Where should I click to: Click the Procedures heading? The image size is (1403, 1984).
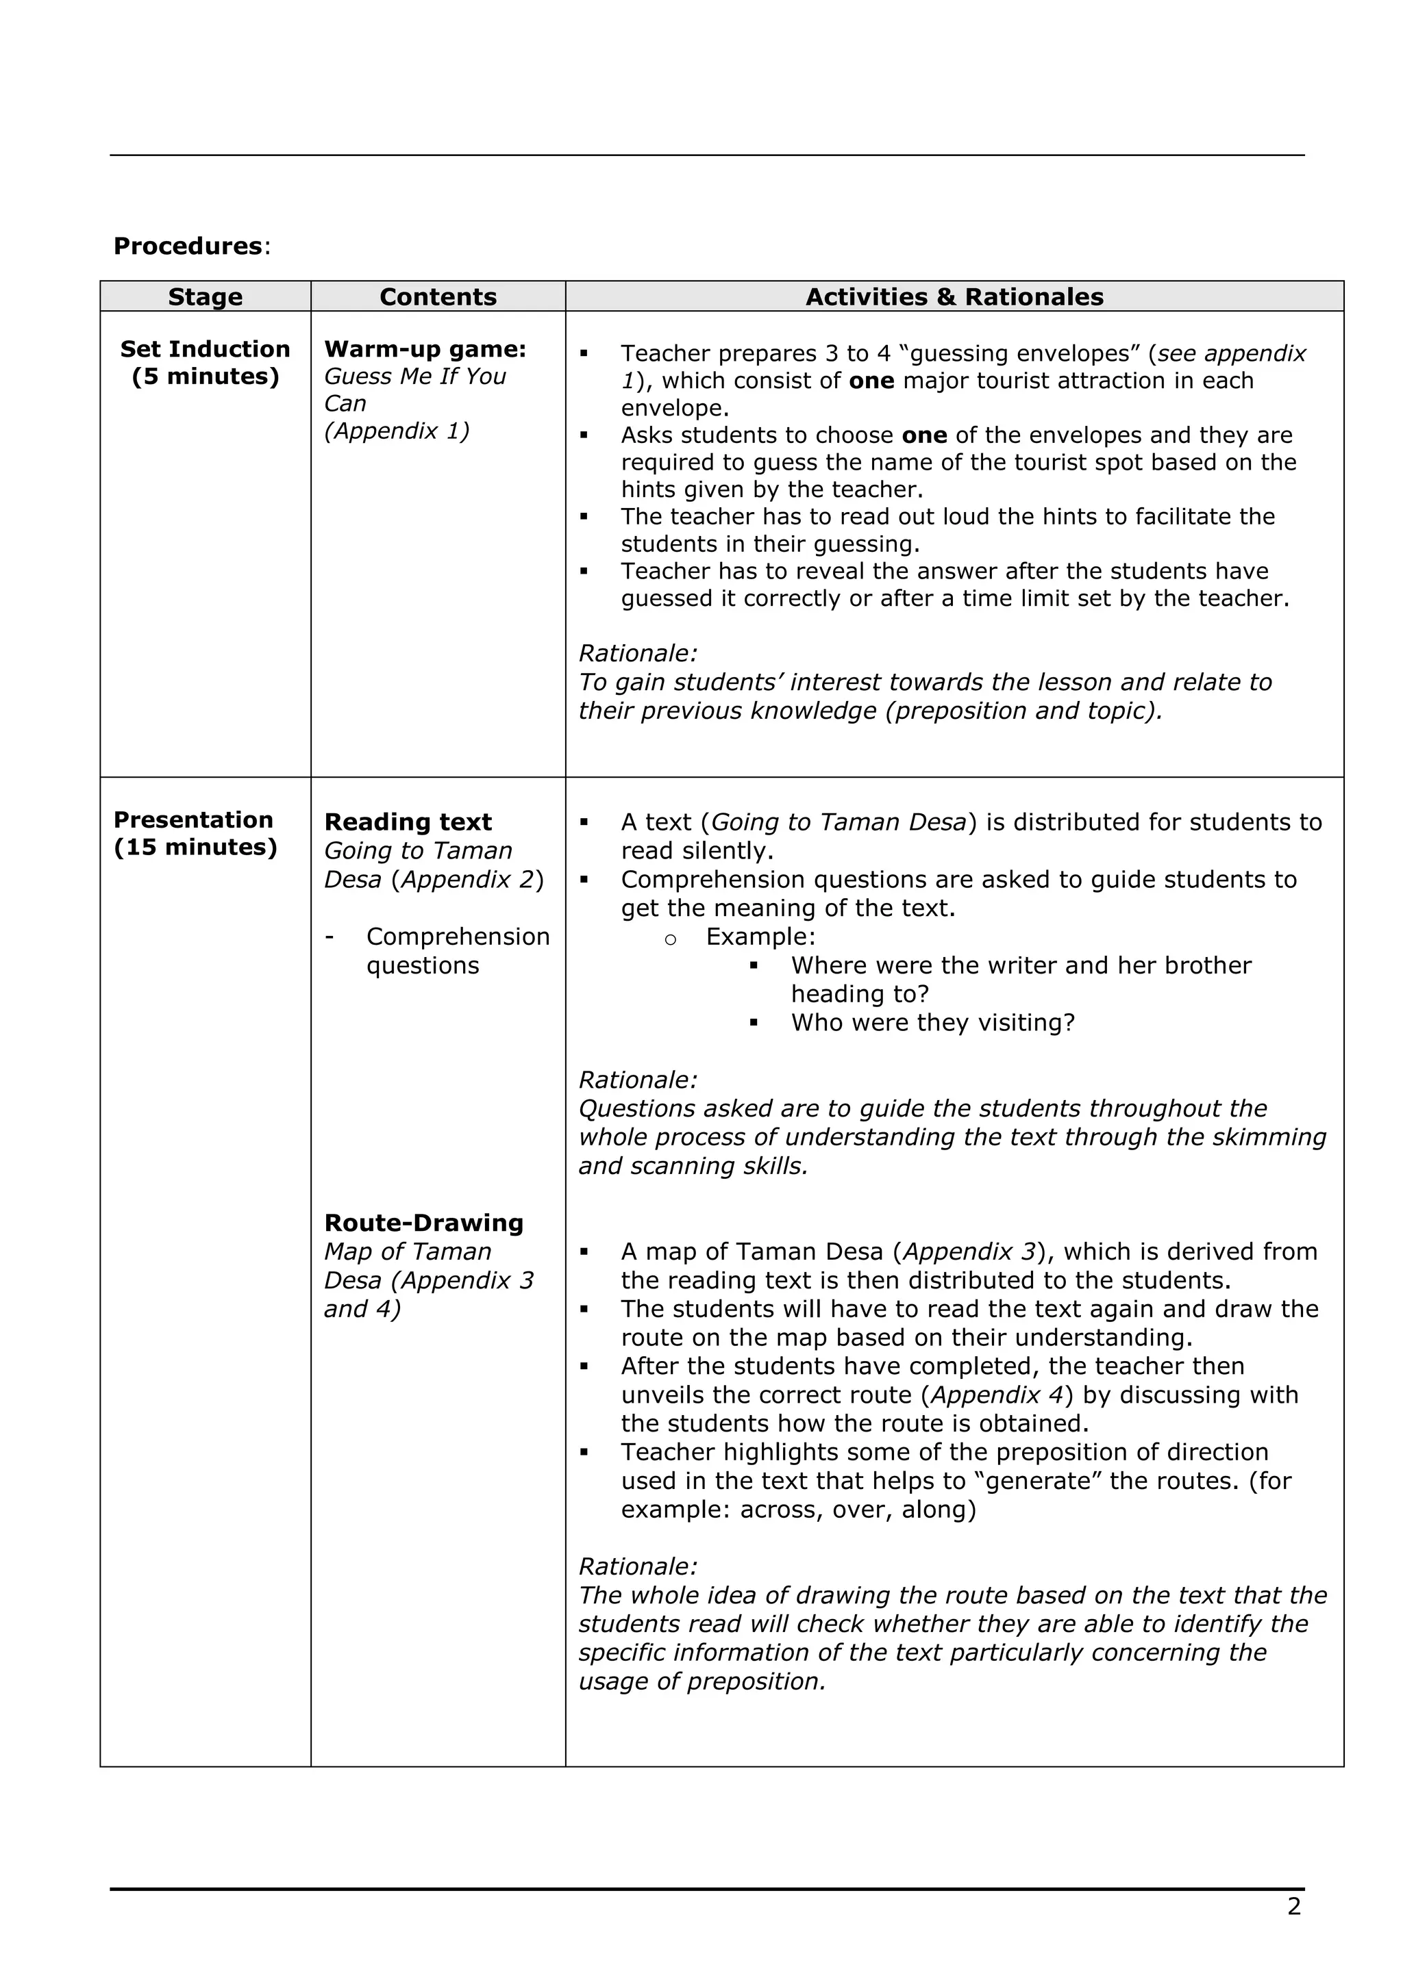tap(188, 246)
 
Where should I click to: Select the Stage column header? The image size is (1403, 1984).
tap(205, 296)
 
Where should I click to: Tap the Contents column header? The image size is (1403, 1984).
tap(438, 296)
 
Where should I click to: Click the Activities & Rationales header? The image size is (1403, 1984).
tap(954, 296)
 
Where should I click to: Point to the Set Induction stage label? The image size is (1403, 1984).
tap(205, 349)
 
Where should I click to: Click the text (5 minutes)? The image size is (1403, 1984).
tap(205, 377)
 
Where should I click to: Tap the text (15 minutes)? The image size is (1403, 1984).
tap(195, 847)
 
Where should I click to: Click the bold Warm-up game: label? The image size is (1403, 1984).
tap(425, 349)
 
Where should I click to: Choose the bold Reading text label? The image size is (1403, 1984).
tap(407, 822)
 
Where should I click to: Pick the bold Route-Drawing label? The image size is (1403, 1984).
tap(423, 1223)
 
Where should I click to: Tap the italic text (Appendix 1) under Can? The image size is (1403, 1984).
tap(397, 431)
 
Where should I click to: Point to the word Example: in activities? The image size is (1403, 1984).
tap(760, 937)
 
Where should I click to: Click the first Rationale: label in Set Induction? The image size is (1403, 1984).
tap(637, 653)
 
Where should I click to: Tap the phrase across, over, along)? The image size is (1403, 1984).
tap(858, 1510)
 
